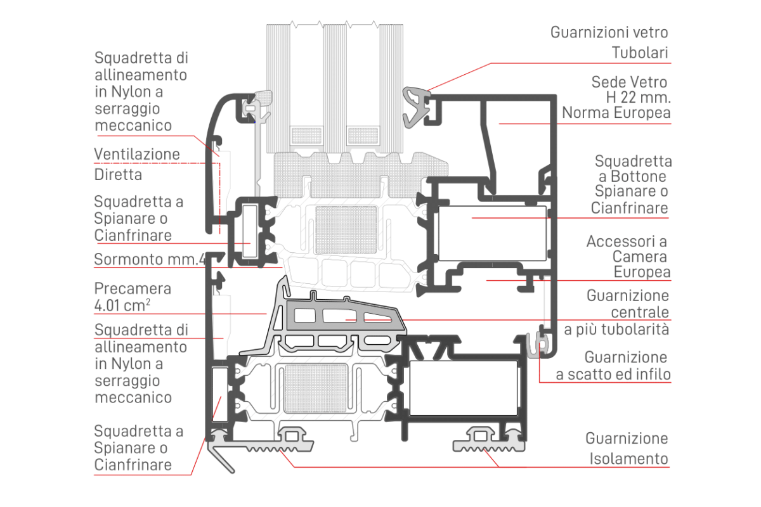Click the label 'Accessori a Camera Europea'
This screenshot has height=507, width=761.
click(628, 257)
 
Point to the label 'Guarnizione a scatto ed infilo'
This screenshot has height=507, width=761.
click(613, 366)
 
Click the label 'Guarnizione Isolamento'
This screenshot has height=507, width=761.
click(627, 448)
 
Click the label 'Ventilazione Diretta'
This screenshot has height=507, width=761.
click(137, 164)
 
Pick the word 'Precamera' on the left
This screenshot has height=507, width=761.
click(133, 288)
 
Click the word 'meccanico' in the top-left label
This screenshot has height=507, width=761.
click(133, 125)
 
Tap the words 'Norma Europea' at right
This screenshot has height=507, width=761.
click(616, 113)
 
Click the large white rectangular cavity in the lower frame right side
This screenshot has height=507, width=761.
click(465, 387)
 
